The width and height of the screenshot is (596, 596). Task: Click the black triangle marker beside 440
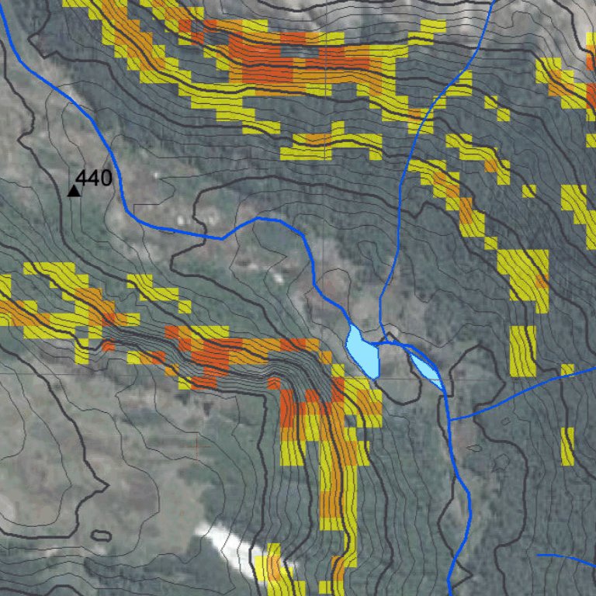[x=74, y=190]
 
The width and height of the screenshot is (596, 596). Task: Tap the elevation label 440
[x=94, y=178]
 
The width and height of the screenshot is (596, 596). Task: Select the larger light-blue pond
[x=362, y=353]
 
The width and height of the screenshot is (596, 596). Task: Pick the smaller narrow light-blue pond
[x=426, y=369]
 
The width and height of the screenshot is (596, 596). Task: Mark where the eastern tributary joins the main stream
[x=451, y=418]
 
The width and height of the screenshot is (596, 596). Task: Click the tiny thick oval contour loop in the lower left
[x=100, y=535]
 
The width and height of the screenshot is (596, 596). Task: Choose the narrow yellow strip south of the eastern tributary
[x=567, y=445]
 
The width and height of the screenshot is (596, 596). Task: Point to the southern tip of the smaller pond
[x=442, y=387]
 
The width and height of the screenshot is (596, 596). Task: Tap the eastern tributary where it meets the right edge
[x=593, y=369]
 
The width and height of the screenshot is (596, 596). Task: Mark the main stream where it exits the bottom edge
[x=450, y=593]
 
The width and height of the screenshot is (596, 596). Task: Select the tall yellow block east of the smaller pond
[x=523, y=349]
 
